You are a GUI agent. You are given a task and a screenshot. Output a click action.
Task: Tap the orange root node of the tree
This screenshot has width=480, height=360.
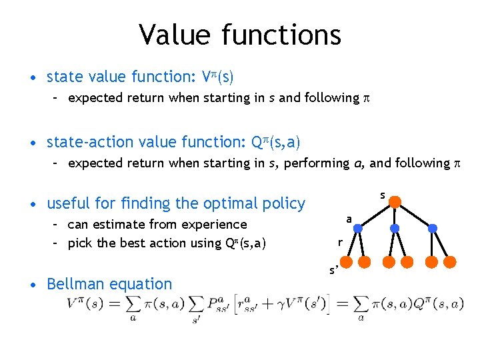pyautogui.click(x=395, y=201)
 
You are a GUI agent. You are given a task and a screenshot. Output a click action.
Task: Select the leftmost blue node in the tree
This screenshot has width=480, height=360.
pyautogui.click(x=357, y=228)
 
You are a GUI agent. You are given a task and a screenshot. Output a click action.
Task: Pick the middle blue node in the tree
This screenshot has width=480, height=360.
pyautogui.click(x=395, y=228)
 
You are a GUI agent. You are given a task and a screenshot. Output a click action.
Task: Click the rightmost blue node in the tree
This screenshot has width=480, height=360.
pyautogui.click(x=432, y=228)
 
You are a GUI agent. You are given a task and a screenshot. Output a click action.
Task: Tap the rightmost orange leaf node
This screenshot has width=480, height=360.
pyautogui.click(x=449, y=260)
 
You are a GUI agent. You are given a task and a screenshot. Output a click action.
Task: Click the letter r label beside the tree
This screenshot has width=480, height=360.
pyautogui.click(x=340, y=243)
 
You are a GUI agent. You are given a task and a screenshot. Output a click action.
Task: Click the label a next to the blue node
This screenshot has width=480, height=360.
pyautogui.click(x=349, y=219)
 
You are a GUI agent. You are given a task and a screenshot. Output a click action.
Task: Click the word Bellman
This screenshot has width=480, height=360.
pyautogui.click(x=74, y=284)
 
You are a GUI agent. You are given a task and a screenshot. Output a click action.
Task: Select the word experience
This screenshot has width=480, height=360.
pyautogui.click(x=214, y=225)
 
